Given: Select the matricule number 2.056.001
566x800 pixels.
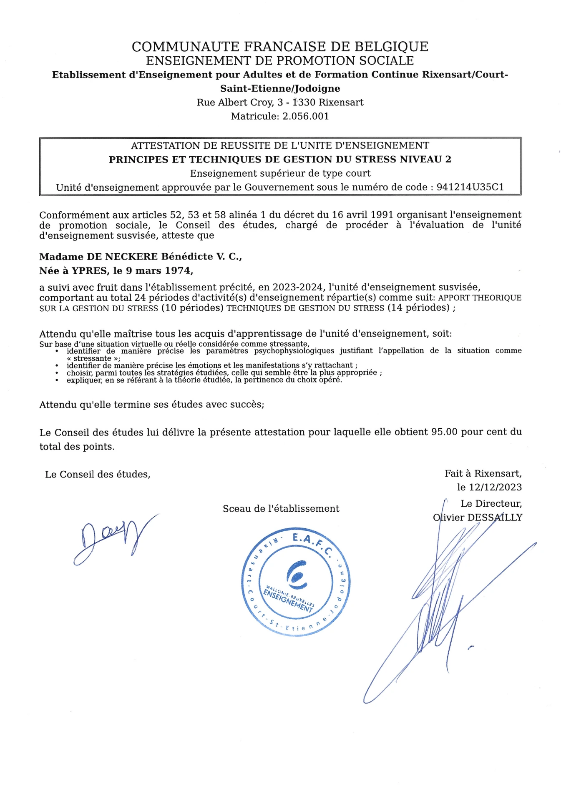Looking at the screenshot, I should pyautogui.click(x=305, y=116).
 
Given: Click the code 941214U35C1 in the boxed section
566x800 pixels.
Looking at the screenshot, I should pyautogui.click(x=470, y=187).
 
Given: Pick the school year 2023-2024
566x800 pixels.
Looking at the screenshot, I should pyautogui.click(x=298, y=287).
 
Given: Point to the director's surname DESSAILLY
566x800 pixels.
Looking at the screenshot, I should pyautogui.click(x=495, y=517).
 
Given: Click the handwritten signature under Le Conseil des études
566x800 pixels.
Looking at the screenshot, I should pyautogui.click(x=113, y=537).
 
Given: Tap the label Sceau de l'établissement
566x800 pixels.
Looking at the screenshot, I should pyautogui.click(x=281, y=509).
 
